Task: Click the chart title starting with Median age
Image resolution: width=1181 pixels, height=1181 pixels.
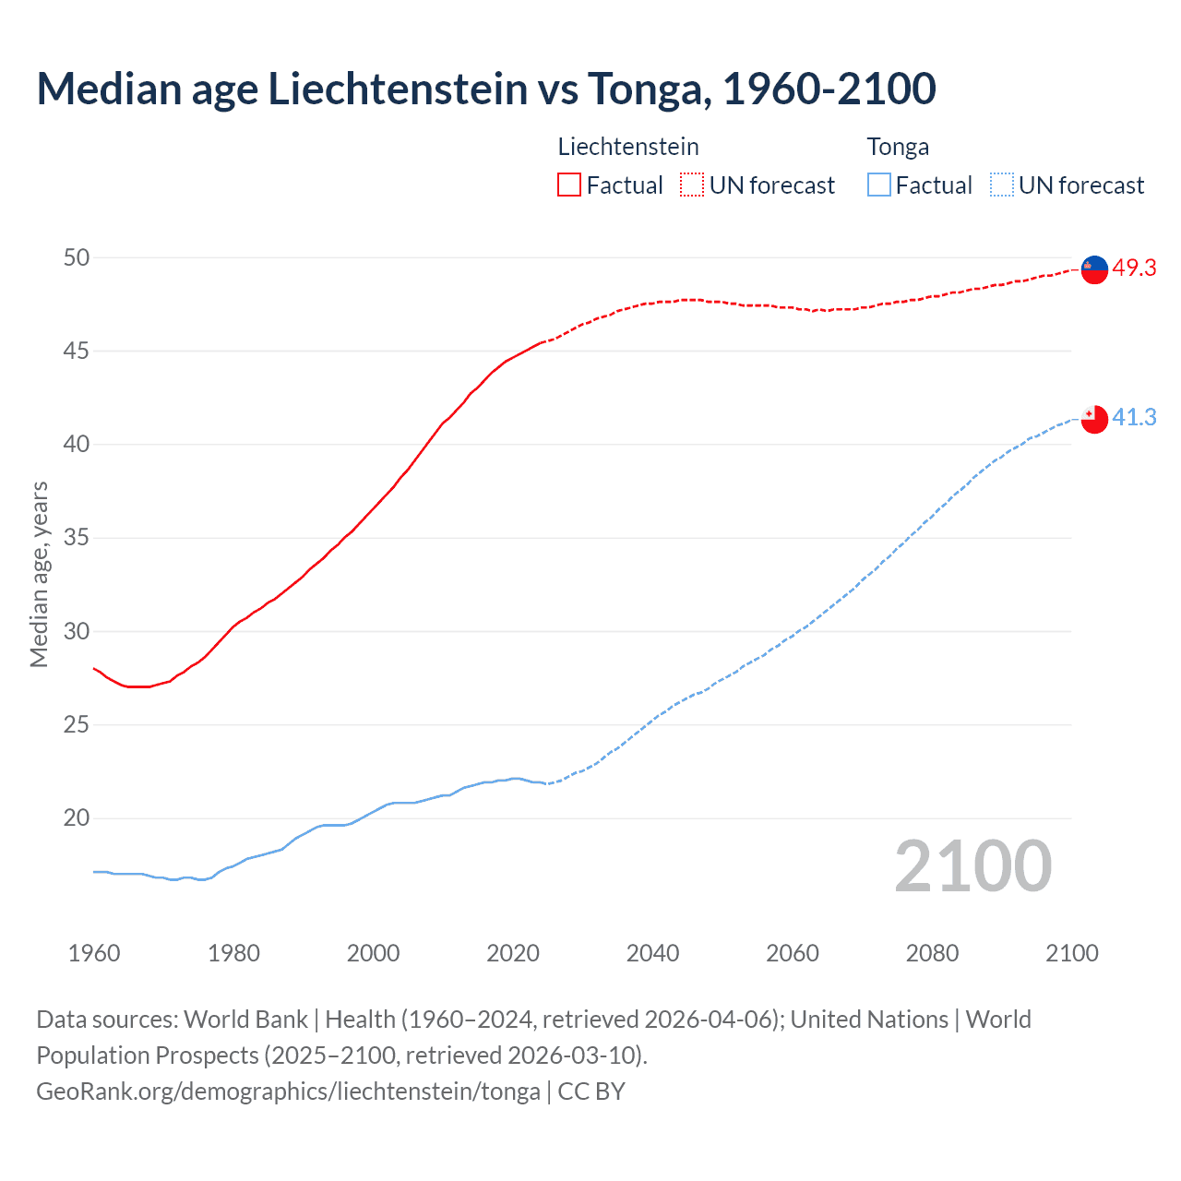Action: coord(486,89)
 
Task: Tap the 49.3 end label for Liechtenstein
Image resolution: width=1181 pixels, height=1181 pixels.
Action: coord(1134,268)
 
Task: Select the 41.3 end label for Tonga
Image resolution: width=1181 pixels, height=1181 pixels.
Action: coord(1134,417)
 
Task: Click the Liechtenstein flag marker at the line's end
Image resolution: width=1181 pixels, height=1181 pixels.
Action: coord(1094,268)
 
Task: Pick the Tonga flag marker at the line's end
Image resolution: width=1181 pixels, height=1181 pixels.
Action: coord(1094,418)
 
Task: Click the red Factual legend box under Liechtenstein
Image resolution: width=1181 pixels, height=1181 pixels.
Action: coord(569,185)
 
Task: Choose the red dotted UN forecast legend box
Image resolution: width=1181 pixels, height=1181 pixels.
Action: coord(692,185)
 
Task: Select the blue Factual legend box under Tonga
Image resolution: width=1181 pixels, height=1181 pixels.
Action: coord(879,185)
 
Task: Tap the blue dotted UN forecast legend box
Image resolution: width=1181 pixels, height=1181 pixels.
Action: coord(1001,185)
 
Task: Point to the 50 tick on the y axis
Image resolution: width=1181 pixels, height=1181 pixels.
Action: coord(77,257)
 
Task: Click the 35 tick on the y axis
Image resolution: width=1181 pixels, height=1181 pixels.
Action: coord(77,537)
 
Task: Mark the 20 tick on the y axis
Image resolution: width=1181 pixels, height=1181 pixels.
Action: coord(77,817)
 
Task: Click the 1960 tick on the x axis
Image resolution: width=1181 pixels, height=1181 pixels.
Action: coord(94,953)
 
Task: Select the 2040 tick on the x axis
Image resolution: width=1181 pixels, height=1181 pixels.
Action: coord(652,953)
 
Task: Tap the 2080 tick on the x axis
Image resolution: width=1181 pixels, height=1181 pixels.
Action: coord(932,953)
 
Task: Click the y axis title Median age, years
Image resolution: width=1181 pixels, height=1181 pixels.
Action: coord(39,574)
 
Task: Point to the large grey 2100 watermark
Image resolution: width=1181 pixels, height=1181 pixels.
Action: coord(972,865)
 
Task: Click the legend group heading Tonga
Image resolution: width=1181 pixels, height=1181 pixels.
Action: coord(898,147)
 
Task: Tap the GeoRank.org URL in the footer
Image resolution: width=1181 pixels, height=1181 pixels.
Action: coord(288,1091)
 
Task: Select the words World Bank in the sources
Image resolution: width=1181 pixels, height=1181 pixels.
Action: coord(245,1019)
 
